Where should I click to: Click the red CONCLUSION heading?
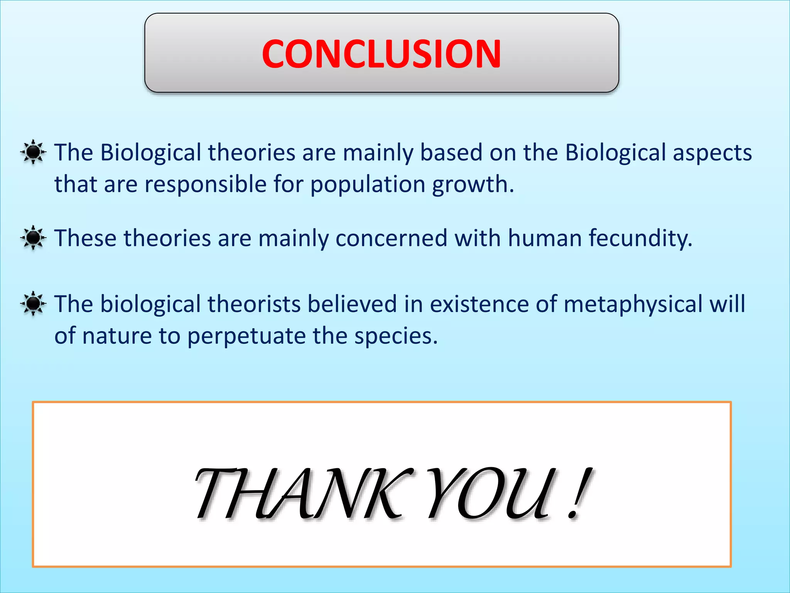pos(381,54)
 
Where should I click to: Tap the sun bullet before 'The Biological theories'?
pos(33,152)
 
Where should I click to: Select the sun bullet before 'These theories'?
pos(33,237)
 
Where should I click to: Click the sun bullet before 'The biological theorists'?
pos(33,303)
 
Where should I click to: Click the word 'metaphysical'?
pos(633,305)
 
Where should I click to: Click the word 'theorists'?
pos(254,304)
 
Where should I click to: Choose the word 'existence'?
pos(479,304)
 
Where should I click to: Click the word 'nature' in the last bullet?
pos(117,336)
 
